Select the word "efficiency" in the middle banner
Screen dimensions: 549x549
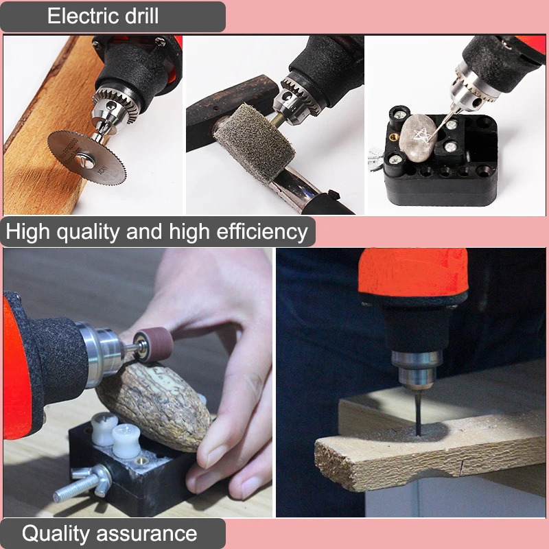[x=262, y=232]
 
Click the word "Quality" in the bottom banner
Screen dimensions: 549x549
[x=56, y=534]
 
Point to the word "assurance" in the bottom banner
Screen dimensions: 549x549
[x=146, y=535]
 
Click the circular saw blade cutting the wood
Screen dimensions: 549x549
[x=87, y=157]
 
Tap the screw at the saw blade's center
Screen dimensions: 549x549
[x=85, y=161]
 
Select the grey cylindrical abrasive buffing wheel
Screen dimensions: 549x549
[x=254, y=143]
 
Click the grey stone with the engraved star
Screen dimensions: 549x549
[x=418, y=138]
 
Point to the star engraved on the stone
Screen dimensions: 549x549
[x=421, y=135]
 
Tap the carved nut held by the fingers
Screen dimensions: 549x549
[x=154, y=406]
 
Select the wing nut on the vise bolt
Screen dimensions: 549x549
[x=92, y=477]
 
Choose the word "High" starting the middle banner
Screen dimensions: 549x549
[x=27, y=232]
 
